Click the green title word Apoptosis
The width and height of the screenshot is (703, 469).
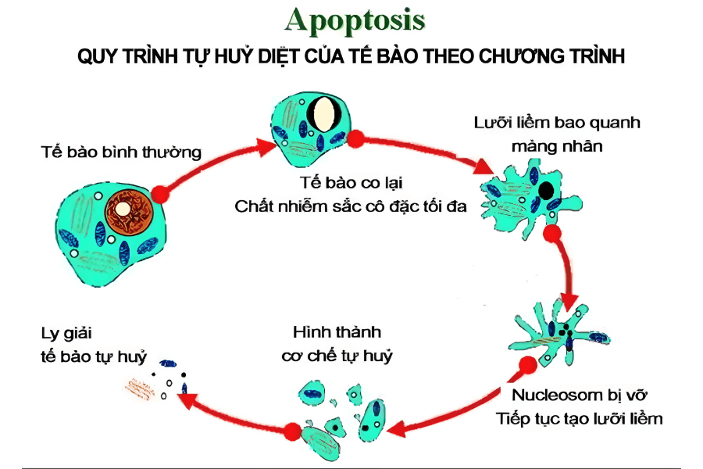tap(355, 20)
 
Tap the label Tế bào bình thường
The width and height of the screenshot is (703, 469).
tap(121, 152)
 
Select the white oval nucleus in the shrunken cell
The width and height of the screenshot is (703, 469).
tap(322, 114)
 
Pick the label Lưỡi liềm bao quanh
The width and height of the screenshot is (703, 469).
tap(557, 123)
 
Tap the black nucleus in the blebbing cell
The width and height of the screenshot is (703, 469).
tap(548, 189)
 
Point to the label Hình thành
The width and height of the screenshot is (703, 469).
tap(337, 331)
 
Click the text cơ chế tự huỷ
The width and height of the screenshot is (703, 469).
tap(337, 356)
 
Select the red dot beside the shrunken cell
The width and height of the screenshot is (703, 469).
tap(356, 139)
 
